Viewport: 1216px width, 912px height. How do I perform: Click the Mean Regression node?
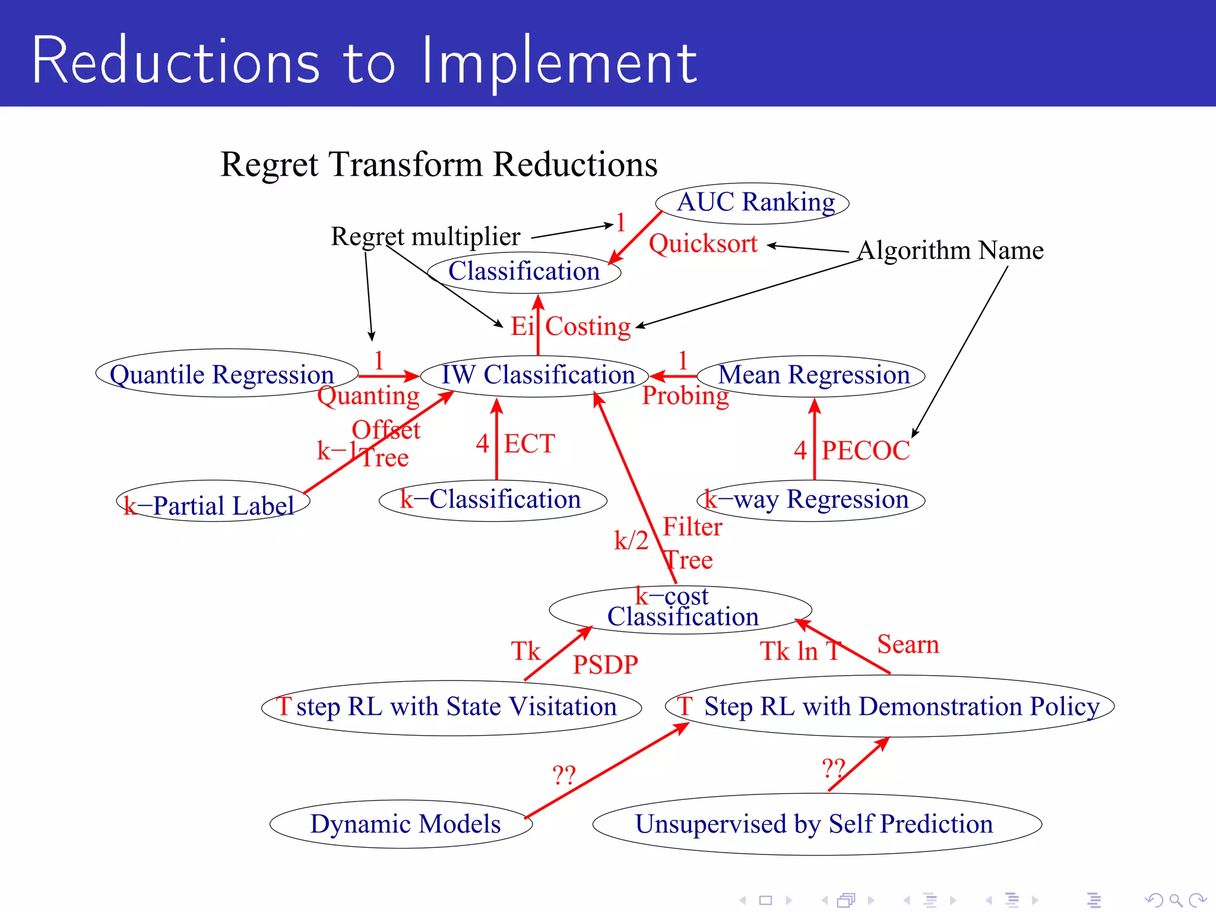(813, 375)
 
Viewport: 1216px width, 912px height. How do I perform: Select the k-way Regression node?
(811, 500)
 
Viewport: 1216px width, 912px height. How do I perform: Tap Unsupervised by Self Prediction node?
(815, 824)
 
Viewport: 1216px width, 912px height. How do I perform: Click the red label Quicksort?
(703, 244)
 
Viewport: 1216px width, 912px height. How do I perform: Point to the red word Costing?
(588, 327)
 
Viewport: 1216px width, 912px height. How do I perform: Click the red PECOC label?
(865, 451)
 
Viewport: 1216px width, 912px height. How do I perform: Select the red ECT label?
(529, 444)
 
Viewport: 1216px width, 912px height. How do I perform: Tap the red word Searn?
(908, 644)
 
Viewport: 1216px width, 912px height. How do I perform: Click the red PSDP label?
(605, 664)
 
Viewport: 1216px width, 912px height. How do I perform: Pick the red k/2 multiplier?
(631, 540)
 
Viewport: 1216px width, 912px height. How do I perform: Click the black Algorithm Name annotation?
(950, 250)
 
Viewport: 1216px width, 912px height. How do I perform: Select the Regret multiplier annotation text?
(425, 236)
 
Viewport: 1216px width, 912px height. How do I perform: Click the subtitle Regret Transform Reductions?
(439, 164)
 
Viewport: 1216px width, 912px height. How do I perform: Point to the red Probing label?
(685, 395)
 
